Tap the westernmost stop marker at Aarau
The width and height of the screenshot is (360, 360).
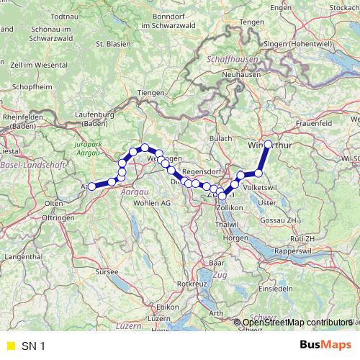91,187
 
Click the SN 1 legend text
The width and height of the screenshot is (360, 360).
33,346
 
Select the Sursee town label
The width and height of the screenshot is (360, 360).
107,273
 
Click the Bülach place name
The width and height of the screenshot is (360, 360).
220,138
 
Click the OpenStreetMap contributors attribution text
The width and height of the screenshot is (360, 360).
296,322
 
